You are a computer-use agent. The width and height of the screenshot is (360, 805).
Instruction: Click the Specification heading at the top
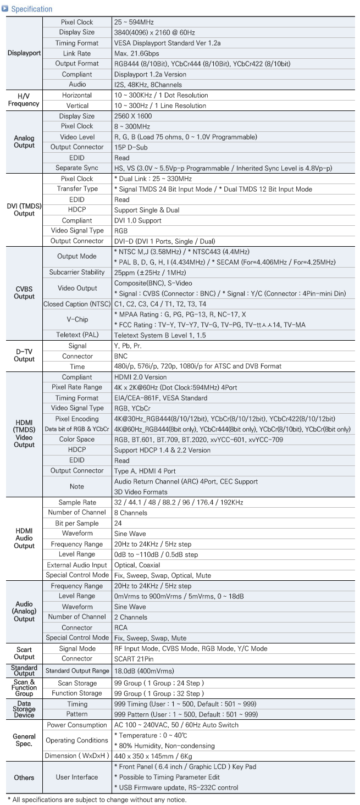[31, 9]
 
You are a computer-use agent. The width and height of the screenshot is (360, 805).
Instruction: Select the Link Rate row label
[76, 53]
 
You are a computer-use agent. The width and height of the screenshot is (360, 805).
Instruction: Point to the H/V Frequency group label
[21, 100]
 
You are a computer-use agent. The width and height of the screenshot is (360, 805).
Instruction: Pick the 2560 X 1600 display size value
[134, 116]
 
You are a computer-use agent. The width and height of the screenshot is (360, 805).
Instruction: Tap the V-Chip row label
[76, 319]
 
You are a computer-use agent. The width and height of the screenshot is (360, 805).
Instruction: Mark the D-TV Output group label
[21, 356]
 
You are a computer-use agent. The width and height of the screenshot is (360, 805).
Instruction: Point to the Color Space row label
[76, 439]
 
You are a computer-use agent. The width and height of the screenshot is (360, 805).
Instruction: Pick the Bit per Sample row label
[76, 523]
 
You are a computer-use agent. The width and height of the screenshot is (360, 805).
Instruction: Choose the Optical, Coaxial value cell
[137, 564]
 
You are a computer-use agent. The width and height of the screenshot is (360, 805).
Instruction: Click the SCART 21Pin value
[135, 658]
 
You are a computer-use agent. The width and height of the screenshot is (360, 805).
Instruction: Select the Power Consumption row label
[76, 725]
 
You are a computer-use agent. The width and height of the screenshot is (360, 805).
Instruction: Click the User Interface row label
[76, 777]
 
